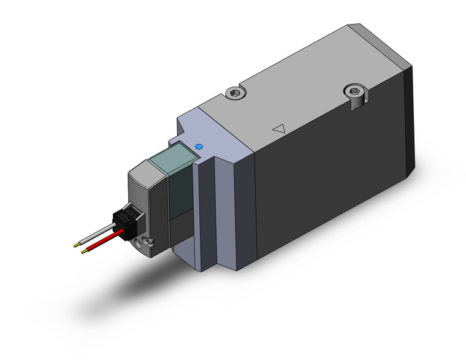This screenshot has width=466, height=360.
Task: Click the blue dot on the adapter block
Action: click(x=198, y=147)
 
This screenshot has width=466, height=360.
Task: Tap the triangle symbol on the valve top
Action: click(x=279, y=129)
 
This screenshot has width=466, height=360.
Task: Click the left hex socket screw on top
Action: click(x=235, y=93)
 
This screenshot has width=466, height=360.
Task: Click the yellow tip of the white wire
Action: click(x=76, y=243)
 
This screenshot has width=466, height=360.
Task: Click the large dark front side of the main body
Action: click(x=331, y=184)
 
